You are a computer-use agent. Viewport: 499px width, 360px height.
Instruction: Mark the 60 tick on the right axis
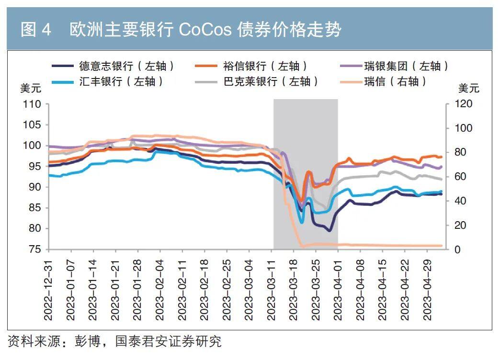460,177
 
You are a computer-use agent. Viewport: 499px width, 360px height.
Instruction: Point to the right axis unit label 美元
468,89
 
